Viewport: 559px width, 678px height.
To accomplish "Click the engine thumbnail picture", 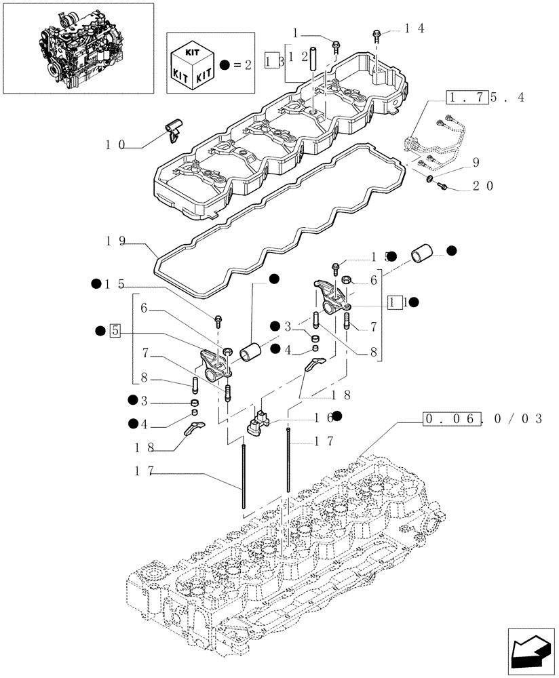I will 77,40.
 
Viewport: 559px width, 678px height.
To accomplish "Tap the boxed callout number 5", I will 115,331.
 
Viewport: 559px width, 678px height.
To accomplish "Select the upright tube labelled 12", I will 313,55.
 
